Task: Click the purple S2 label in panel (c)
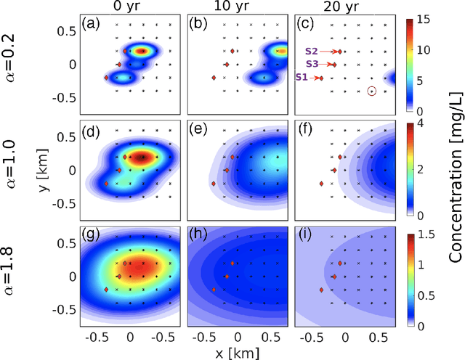312,52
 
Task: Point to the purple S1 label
302,77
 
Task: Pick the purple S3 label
312,65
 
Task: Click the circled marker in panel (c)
371,91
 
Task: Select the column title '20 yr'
343,8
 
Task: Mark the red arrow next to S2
331,52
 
